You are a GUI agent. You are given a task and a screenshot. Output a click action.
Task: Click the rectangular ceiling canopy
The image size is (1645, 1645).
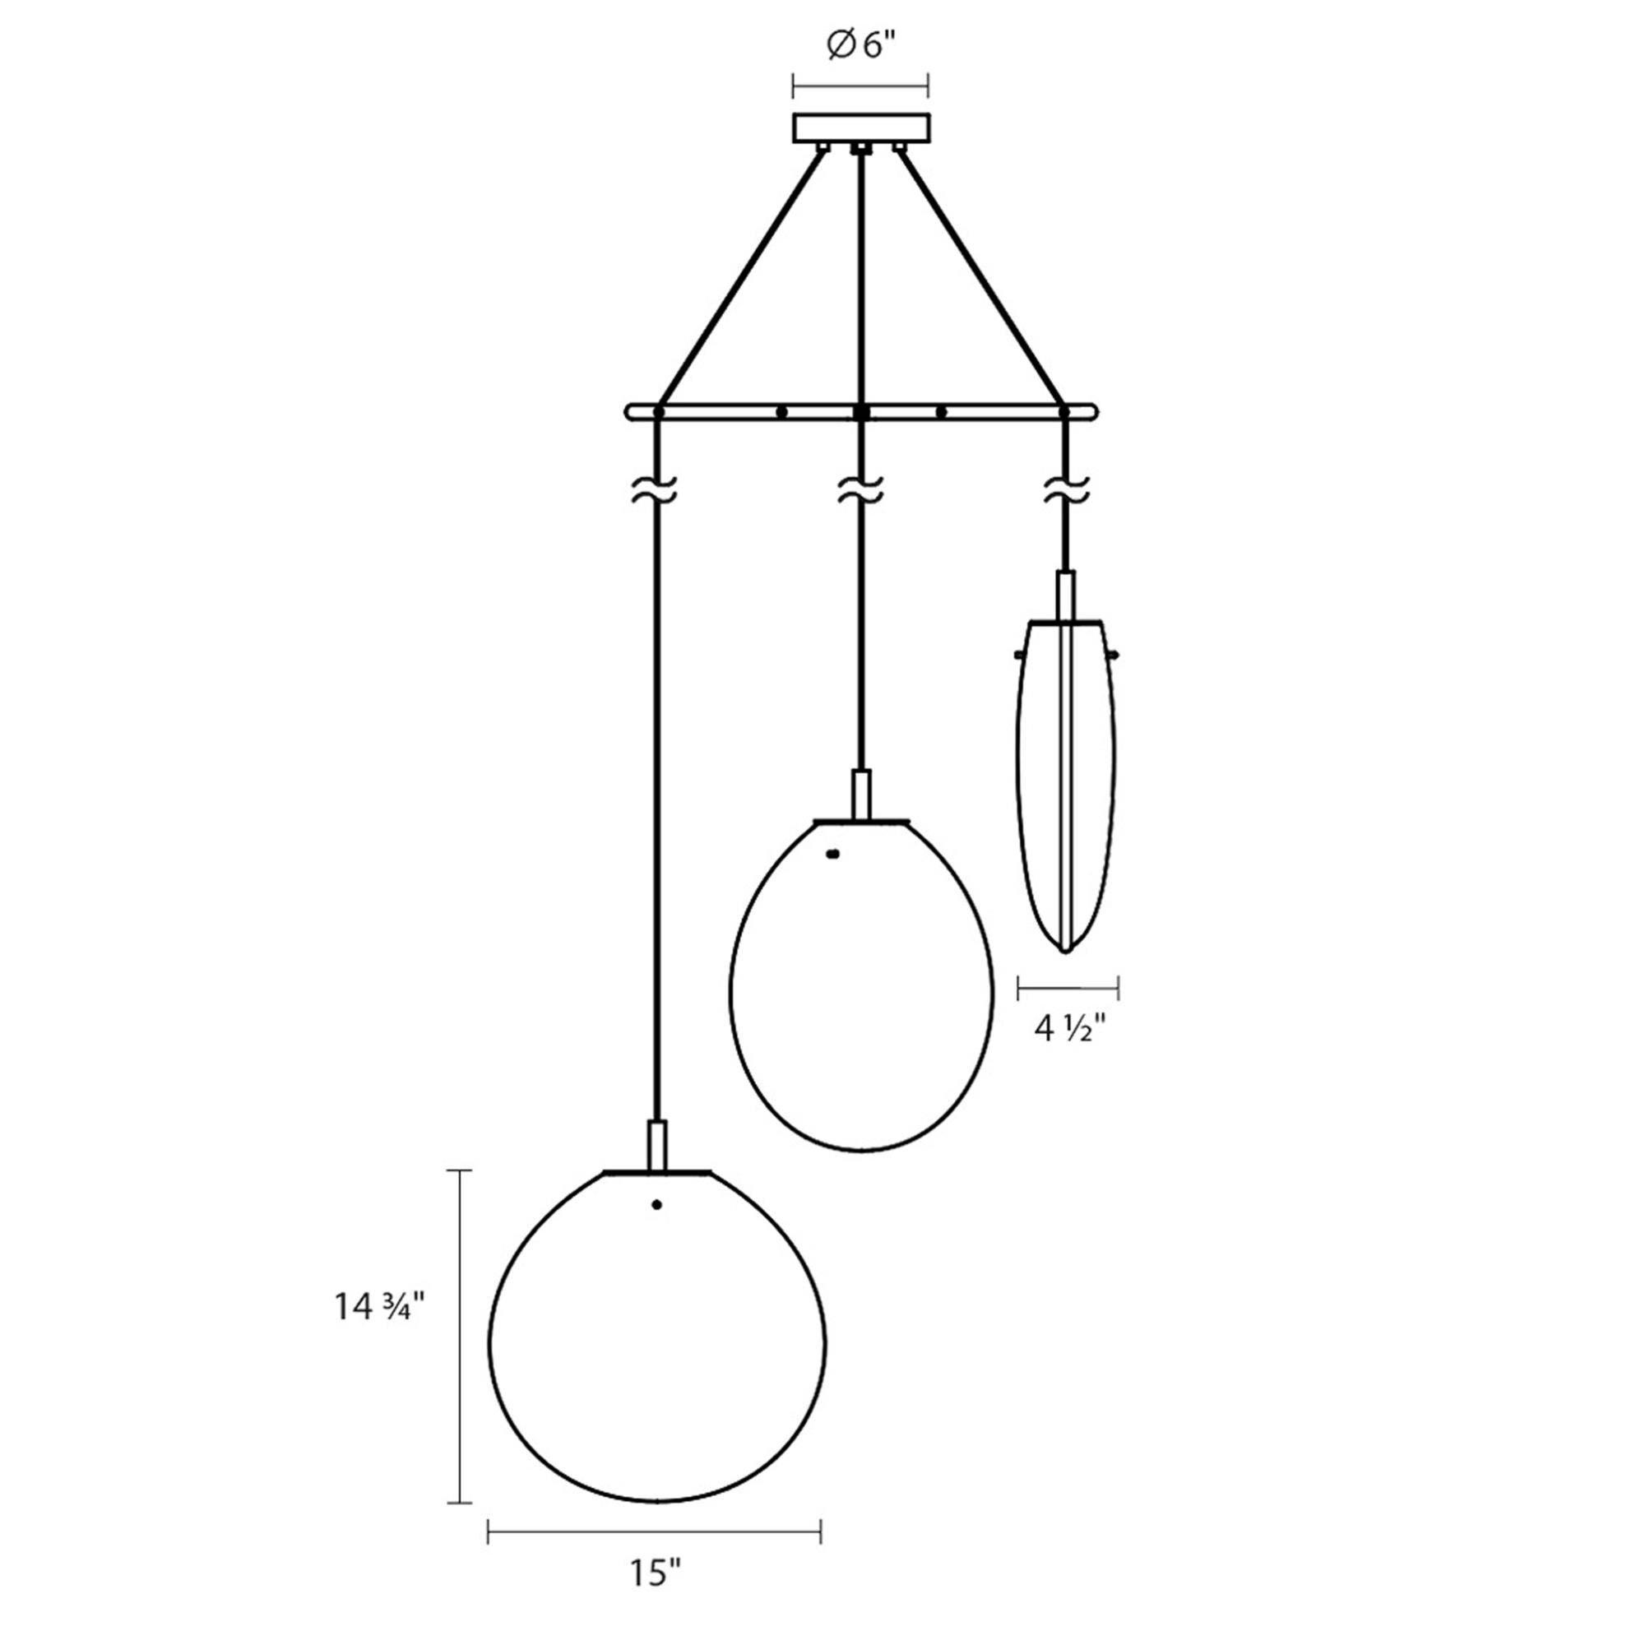click(861, 127)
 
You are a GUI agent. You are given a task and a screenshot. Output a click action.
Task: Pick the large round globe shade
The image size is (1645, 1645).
click(656, 1345)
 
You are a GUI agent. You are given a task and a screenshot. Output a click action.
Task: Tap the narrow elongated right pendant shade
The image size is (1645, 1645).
click(1066, 783)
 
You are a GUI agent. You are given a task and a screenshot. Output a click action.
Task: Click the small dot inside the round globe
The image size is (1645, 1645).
click(656, 1205)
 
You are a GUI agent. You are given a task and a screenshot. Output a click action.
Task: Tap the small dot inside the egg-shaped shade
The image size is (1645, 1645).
click(832, 853)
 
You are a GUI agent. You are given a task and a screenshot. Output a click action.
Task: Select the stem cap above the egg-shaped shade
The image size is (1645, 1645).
click(862, 795)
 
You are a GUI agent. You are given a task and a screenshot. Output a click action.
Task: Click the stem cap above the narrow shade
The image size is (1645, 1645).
click(1066, 595)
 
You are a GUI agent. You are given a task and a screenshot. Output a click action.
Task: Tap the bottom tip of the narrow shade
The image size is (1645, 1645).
click(1065, 950)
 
